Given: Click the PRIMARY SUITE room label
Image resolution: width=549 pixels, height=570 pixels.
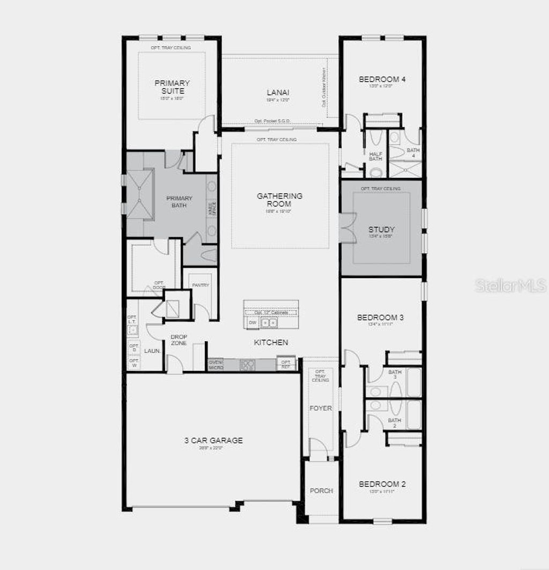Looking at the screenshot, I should [172, 87].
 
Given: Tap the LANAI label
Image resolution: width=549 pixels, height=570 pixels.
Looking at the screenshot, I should [278, 92].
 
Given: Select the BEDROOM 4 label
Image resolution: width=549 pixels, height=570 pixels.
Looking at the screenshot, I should [382, 79].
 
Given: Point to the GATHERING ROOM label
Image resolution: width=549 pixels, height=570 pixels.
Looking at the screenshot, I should [279, 200].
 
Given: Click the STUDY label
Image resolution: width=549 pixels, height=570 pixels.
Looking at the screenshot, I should [382, 230].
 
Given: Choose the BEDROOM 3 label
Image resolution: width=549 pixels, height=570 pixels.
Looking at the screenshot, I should [380, 318].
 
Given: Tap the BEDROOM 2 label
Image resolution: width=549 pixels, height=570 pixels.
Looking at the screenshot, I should [382, 484].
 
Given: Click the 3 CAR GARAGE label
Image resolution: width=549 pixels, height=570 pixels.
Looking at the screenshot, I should [213, 441].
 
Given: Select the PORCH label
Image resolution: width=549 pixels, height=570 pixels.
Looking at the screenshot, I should [321, 491].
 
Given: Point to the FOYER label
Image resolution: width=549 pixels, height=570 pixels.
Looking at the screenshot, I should [321, 408].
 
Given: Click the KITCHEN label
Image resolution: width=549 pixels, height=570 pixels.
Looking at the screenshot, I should [271, 342].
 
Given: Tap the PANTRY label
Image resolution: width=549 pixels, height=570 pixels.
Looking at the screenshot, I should [201, 285].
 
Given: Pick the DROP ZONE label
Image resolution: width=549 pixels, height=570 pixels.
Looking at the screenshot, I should [179, 340].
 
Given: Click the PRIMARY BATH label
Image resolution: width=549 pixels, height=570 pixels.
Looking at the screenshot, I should [179, 202].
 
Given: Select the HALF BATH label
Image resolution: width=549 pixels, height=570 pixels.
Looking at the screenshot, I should [376, 156].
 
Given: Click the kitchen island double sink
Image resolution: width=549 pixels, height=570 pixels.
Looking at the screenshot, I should [269, 323].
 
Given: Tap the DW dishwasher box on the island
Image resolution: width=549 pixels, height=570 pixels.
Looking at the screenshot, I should [252, 323].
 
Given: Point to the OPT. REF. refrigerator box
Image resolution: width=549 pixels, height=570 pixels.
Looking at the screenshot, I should [285, 364].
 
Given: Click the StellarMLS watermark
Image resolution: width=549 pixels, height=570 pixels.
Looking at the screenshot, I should [511, 286].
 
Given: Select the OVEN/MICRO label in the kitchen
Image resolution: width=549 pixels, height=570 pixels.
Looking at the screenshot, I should [215, 364].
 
